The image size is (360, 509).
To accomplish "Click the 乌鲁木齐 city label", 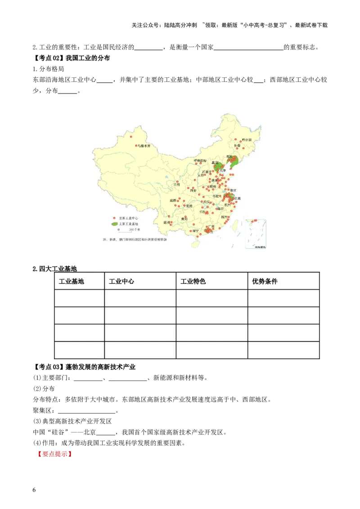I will pos(146,146).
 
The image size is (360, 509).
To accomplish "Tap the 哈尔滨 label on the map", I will pos(247,140).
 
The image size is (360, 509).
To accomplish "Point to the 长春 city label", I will pos(237,146).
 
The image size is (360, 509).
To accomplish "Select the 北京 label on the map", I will pos(215,163).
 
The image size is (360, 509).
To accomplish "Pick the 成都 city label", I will pos(173,201).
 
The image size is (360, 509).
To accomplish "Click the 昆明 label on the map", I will pos(166,223).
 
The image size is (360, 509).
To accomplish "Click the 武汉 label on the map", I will pos(206,202).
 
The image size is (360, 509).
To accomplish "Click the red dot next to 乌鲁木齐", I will pos(136,146).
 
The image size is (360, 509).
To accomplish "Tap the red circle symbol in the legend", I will pos(114,218).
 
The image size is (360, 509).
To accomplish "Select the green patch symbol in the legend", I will pos(114,223).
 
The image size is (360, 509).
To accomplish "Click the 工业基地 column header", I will pos(72,281).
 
